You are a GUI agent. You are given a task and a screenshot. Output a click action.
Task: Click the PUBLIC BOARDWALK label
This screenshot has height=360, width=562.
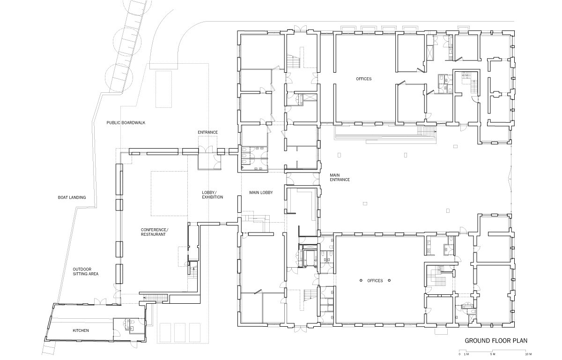coord(126,123)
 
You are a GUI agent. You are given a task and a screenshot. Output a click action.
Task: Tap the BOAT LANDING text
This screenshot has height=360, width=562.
coord(72,197)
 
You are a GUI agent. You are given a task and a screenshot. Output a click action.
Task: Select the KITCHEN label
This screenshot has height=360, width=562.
coord(81,330)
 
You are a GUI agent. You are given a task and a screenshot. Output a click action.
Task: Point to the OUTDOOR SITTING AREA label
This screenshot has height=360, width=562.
coord(86,271)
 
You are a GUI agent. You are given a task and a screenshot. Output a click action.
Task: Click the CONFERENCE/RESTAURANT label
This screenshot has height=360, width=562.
coord(155,232)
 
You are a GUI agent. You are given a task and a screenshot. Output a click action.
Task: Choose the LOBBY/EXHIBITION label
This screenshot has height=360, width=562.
coord(213,195)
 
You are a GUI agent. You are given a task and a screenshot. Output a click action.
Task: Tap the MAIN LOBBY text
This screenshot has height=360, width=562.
coord(261,193)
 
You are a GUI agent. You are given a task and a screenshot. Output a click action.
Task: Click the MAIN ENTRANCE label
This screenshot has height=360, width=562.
coord(340,178)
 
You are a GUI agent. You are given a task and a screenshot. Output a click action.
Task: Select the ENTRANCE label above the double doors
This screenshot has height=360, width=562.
coord(208,132)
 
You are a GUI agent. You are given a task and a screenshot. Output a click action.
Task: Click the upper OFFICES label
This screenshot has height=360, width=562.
coord(363,79)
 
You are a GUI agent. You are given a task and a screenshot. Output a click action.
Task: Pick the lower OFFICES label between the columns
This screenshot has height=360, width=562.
coord(375,281)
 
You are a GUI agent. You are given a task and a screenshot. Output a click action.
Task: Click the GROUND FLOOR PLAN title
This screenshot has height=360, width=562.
coord(496,341)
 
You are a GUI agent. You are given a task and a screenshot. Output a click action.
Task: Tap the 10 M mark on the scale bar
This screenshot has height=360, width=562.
coord(528,354)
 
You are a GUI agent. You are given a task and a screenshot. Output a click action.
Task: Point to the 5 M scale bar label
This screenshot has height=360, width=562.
coord(493,354)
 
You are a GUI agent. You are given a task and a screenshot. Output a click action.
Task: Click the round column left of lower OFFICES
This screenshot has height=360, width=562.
coord(361,280)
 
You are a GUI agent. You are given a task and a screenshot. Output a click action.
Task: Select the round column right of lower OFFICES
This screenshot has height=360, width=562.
coord(389,280)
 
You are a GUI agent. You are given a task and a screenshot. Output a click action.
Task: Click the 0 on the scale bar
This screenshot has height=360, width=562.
coord(459,354)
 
